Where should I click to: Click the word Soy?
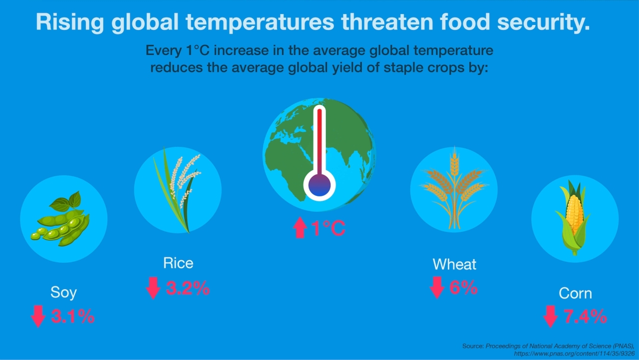tap(63, 293)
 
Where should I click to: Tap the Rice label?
tap(178, 263)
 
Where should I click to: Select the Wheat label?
tap(454, 265)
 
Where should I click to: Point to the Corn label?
tap(576, 293)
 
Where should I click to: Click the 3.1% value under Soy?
tap(73, 317)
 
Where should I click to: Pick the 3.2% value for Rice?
tap(188, 288)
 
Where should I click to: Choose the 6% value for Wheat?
tap(464, 287)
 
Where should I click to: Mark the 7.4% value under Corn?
tap(586, 317)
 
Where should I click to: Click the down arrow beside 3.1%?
tap(38, 317)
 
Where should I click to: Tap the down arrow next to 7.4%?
tap(551, 317)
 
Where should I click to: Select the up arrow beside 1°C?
tap(300, 227)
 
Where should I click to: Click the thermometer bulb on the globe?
tap(319, 185)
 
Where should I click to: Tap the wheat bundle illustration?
tap(454, 189)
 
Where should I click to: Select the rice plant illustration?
tap(177, 190)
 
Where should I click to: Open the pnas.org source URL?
tap(574, 354)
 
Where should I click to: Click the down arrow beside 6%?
tap(437, 287)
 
